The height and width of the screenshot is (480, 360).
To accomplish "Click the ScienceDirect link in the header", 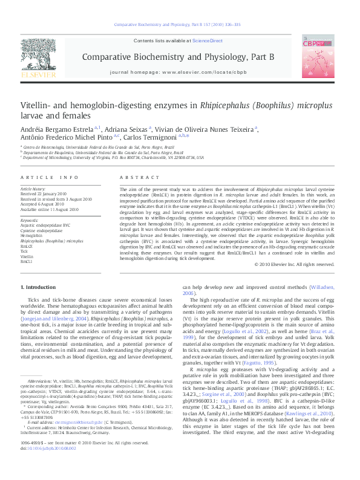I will point(208,40).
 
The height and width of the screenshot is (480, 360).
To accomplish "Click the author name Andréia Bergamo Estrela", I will point(57,129).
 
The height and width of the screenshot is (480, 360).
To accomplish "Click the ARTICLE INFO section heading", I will point(50,177).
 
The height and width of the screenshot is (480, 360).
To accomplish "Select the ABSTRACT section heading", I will point(131,177).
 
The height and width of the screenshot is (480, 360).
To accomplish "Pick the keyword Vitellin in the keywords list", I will point(28,256).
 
